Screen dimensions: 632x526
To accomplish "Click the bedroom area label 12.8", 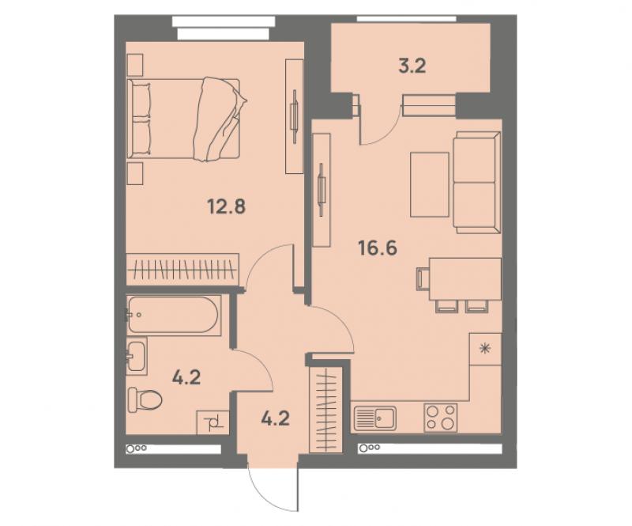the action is point(227,207).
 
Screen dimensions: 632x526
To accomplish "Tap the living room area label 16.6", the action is point(378,248).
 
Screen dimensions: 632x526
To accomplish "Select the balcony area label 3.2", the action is point(412,66).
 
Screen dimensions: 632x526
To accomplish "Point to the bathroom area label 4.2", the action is point(186,378).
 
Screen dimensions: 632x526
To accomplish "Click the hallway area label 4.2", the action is point(275,418).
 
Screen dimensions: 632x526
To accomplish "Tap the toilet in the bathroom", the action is point(145,399).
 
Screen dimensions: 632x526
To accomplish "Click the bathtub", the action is point(174,316).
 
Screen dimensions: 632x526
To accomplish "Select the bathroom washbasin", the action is point(136,356).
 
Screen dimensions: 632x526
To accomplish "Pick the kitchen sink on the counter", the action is point(375,418).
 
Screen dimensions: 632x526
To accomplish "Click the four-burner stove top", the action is point(441,417).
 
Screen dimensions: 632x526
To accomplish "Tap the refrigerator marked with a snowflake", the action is point(486,349).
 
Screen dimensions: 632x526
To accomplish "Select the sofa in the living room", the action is point(476,182).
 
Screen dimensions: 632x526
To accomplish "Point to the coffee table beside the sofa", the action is point(430,184).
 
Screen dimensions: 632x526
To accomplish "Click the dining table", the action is point(465,279).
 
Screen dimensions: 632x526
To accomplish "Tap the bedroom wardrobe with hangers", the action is point(182,269).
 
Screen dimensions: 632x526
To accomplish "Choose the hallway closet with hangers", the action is point(325,410).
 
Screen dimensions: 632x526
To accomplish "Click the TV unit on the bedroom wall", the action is point(294,116).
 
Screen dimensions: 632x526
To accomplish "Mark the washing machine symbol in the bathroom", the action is point(213,422).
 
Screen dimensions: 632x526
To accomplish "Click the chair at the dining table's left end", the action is point(423,278).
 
